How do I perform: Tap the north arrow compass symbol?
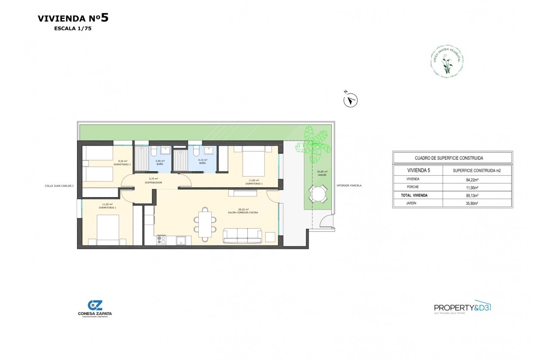pos(351,101)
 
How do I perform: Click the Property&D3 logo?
pos(462,308)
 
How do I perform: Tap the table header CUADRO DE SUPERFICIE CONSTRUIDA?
pos(452,158)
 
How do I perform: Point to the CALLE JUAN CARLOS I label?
pos(59,186)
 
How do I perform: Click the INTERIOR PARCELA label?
pos(349,186)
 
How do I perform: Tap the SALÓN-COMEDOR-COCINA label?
pos(243,211)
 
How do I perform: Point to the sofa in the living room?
pos(242,235)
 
